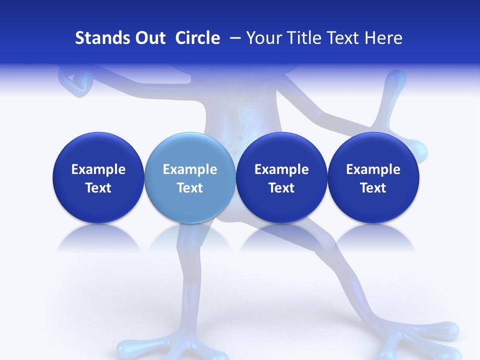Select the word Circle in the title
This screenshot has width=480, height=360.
coord(197,38)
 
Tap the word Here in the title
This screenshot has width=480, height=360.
coord(383,38)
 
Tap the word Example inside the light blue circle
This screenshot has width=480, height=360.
coord(190,170)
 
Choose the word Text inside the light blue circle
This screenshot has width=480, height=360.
coord(190,188)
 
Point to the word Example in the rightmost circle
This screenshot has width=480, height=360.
coord(373,170)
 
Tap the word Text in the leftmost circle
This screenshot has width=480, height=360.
coord(98,188)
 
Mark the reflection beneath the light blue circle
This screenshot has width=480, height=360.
coord(189,240)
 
